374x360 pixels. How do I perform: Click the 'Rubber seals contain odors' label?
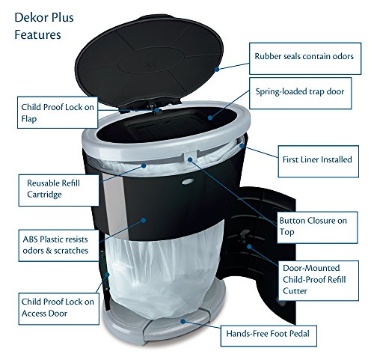tap(305, 58)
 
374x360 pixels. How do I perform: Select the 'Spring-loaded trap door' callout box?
tap(301, 93)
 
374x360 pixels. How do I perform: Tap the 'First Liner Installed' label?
tap(319, 162)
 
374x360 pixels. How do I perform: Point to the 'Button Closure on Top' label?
tap(317, 228)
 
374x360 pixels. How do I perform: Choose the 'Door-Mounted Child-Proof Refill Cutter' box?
tap(319, 281)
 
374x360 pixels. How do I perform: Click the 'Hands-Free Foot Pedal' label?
tap(269, 335)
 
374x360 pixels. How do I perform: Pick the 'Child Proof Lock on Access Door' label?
tap(59, 308)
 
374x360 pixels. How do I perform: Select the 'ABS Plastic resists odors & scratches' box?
tap(59, 245)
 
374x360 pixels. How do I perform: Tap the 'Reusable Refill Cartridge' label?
tap(59, 190)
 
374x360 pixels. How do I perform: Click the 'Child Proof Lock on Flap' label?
tap(58, 112)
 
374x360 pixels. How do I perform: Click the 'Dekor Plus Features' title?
tap(44, 26)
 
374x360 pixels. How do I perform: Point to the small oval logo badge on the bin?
tap(188, 181)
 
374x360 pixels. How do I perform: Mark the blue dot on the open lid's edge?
tap(217, 69)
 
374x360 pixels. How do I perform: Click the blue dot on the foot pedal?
tap(183, 321)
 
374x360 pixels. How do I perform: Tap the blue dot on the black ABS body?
tap(144, 220)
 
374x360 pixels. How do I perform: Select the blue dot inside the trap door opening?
tap(210, 118)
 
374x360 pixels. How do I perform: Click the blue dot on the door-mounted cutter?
tap(249, 246)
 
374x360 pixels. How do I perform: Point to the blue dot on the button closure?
tap(190, 159)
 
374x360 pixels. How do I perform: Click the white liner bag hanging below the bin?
tap(163, 272)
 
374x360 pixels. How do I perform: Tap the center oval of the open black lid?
tap(151, 61)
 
